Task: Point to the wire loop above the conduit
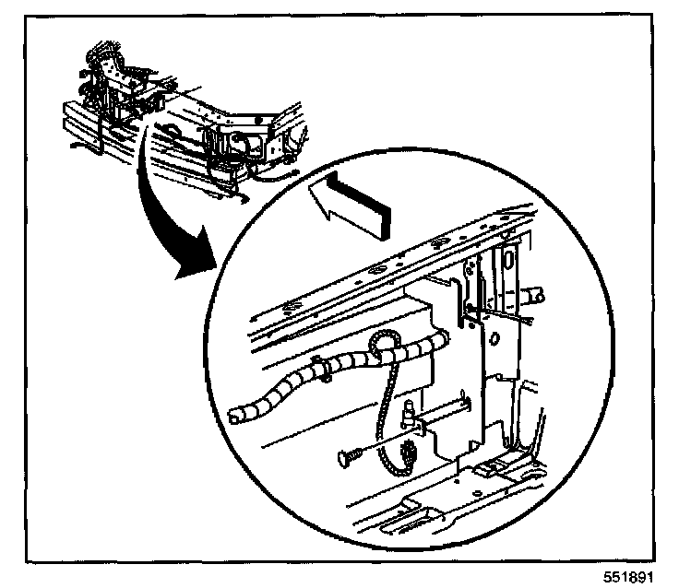point(382,344)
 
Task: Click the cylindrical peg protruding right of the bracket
point(535,296)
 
